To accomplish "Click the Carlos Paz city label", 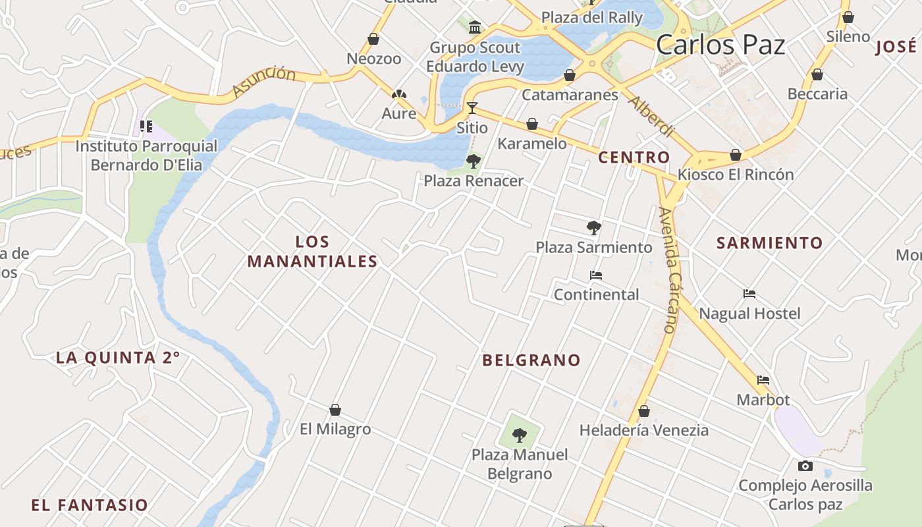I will pos(720,45).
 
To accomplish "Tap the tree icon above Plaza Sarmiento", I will pos(594,228).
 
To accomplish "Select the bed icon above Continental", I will pos(596,275).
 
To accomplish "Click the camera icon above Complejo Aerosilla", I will pos(805,466).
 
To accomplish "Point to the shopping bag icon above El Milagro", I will pos(335,410).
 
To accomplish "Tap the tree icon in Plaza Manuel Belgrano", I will pos(520,435).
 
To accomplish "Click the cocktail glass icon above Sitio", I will pos(472,107).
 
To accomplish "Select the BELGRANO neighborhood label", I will pos(531,360).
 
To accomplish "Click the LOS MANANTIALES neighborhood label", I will pos(312,252).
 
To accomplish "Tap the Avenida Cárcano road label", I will pos(667,270).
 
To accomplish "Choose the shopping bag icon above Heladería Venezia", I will pos(644,411).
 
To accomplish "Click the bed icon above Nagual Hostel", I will pos(749,294).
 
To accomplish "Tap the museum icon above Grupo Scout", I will pos(475,27).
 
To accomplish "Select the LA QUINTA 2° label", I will pos(118,358).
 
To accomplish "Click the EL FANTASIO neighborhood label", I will pos(90,505).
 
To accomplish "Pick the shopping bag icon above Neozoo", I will pos(373,39).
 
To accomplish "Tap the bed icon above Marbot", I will pos(763,380).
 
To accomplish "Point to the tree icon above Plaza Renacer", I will pos(474,161).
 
